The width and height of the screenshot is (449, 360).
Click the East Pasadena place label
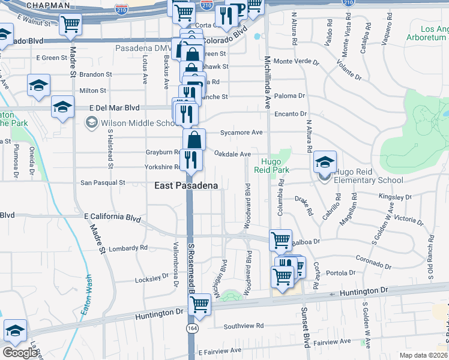point(186,186)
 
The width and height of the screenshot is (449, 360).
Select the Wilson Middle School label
point(135,124)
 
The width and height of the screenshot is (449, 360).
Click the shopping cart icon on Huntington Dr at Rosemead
point(199,304)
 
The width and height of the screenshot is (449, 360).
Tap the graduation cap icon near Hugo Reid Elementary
point(325,161)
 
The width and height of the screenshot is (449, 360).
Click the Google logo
point(20,353)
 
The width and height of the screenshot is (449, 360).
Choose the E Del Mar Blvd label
point(114,107)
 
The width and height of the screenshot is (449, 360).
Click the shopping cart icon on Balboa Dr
point(280,240)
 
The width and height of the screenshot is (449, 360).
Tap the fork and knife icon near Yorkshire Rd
point(191,160)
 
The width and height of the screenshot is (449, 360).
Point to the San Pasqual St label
point(103,182)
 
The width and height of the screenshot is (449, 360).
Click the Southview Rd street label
point(244,326)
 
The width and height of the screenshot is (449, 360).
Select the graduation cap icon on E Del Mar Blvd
point(62,107)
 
